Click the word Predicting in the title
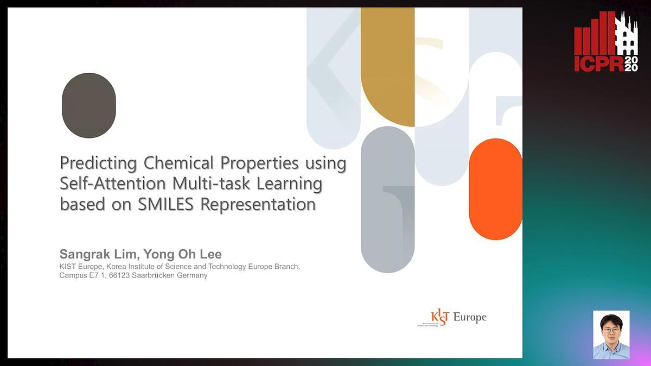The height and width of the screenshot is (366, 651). pos(98,163)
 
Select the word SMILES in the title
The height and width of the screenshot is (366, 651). pos(165,204)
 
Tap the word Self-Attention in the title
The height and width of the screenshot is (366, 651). pos(113,184)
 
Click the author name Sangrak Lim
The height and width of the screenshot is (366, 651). pos(98,255)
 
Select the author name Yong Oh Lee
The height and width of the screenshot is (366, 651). pos(182,254)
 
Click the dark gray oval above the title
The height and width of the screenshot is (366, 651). pos(89,105)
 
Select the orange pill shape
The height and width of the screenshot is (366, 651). pos(495,189)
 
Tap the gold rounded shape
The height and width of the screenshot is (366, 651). pos(388,67)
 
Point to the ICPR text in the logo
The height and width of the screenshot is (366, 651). pos(599,64)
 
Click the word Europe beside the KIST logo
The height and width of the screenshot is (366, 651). pos(470,318)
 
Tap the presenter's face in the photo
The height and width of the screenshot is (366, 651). pos(611,331)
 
